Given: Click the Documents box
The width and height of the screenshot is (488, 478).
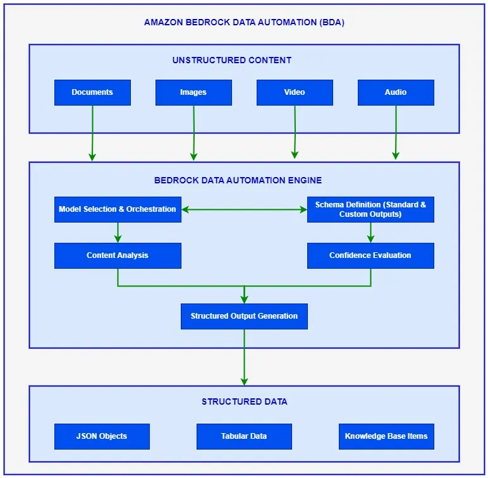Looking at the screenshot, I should [x=92, y=92].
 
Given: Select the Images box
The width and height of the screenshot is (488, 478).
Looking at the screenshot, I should [x=193, y=92].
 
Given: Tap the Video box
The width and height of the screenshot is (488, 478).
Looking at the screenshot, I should [x=295, y=92].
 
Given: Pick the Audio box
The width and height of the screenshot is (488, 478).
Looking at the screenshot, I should [x=396, y=92].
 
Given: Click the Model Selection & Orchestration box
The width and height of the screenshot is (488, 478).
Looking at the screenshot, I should [x=118, y=209].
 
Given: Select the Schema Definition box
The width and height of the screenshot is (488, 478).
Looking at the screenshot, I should [x=370, y=209].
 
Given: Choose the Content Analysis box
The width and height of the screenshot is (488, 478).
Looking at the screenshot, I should [x=118, y=255].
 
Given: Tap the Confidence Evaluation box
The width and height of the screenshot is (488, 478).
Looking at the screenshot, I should [x=370, y=255].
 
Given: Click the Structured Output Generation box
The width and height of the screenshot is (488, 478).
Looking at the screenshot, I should [x=244, y=316].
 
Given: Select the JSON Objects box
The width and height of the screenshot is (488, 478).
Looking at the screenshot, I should [x=102, y=436].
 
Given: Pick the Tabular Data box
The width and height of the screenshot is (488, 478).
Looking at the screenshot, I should [x=244, y=436].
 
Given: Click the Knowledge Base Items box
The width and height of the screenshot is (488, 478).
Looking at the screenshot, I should [x=386, y=436].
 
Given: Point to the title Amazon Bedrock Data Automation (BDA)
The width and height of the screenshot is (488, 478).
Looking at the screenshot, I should [x=244, y=22].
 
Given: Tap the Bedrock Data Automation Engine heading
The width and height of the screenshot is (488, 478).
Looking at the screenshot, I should [x=238, y=180].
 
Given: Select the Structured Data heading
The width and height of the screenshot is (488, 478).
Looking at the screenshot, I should [x=244, y=401].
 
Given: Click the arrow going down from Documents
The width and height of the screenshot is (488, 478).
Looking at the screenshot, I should [x=92, y=133].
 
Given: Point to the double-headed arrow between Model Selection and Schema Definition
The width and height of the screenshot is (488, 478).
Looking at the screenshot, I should [x=244, y=209].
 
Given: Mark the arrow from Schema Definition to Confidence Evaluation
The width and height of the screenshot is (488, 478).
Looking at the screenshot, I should [x=370, y=232].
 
